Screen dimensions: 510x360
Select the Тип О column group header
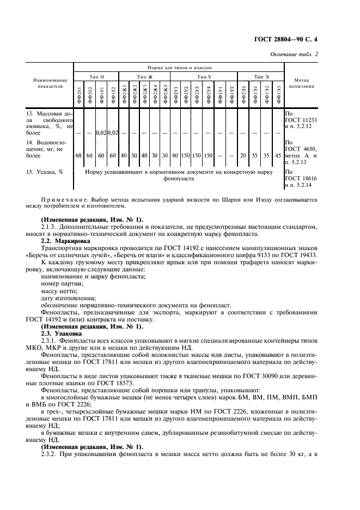[x=97, y=77]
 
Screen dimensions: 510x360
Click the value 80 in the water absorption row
[x=175, y=156]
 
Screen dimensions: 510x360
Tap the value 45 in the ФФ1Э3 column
[x=279, y=156]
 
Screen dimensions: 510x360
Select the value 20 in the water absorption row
[x=242, y=156]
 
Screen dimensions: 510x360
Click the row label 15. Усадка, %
[x=45, y=172]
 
